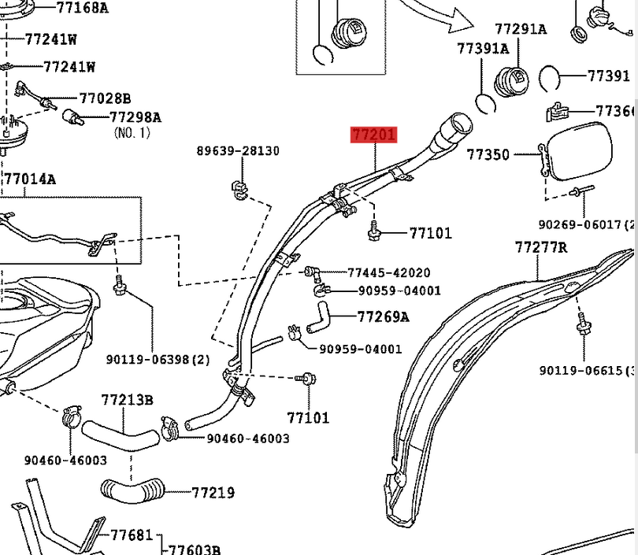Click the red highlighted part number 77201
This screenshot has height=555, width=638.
[373, 135]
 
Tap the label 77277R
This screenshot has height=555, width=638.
[541, 247]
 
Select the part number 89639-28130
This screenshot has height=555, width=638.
[238, 150]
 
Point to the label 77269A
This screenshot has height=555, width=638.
[384, 317]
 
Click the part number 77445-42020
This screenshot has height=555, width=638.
[389, 273]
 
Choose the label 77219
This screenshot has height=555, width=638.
[213, 493]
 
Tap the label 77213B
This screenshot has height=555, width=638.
[127, 400]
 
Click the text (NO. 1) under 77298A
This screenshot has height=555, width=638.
[132, 133]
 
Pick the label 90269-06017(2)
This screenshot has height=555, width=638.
[588, 225]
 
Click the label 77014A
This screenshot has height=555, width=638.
[30, 179]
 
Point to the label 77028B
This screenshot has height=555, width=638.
[105, 98]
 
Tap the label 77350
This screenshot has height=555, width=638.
[488, 155]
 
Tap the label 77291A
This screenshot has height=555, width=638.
[521, 29]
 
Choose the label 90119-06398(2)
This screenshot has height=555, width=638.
[158, 360]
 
